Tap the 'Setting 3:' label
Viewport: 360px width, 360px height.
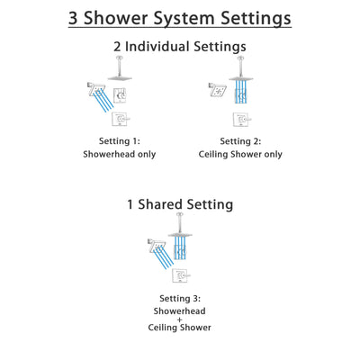click(179, 297)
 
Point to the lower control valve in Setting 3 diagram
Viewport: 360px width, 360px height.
click(182, 274)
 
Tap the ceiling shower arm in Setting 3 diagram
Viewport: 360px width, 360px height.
click(181, 221)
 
